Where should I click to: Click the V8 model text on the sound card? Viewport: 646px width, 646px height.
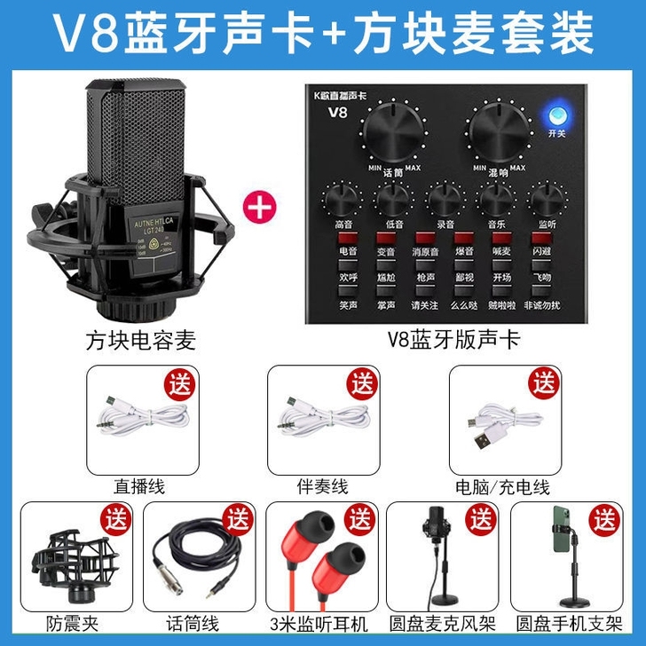point(337,112)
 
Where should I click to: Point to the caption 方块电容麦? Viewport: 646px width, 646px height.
point(140,340)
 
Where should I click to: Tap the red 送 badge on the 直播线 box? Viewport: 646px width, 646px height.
point(181,384)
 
